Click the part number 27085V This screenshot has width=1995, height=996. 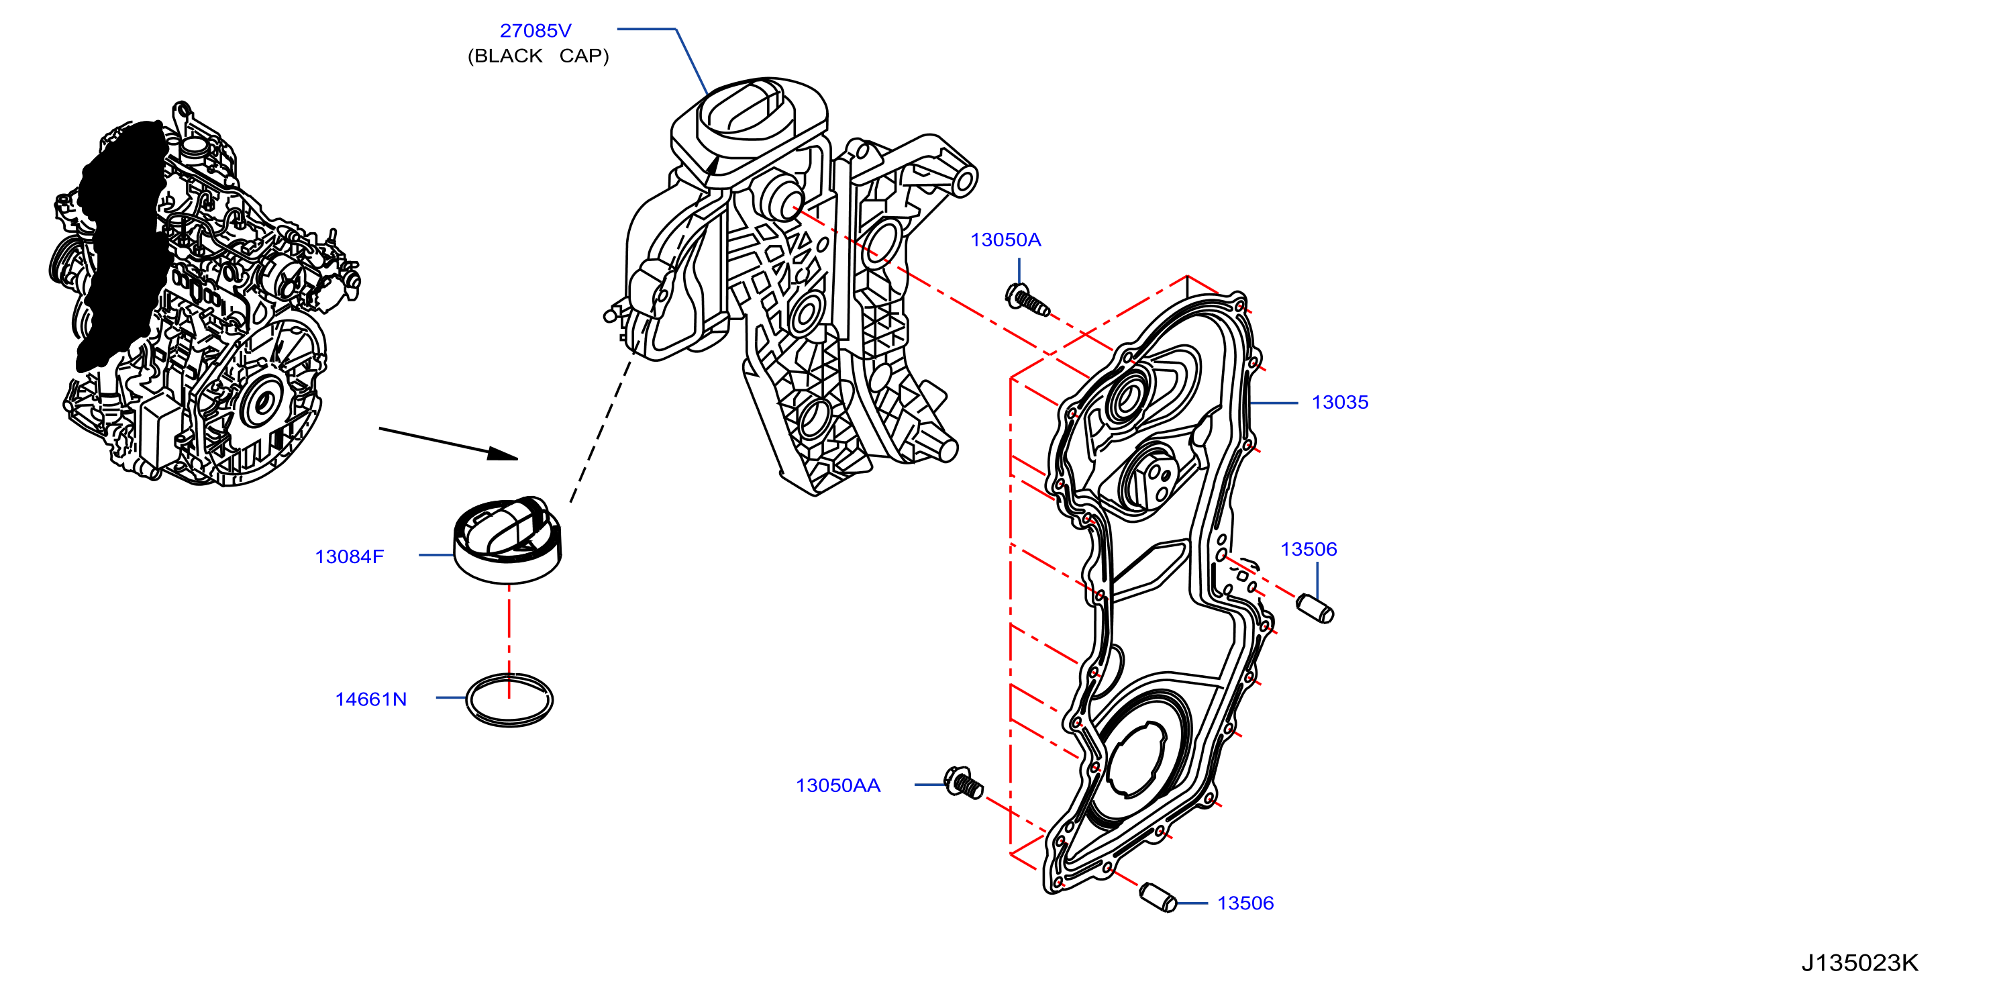pyautogui.click(x=535, y=31)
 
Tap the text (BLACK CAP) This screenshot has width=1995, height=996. pyautogui.click(x=538, y=56)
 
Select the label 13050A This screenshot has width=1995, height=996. pyautogui.click(x=1005, y=240)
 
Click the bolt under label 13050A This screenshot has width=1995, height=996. pyautogui.click(x=1027, y=301)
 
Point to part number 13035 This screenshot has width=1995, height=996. pyautogui.click(x=1340, y=403)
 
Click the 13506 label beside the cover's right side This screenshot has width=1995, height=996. pyautogui.click(x=1308, y=550)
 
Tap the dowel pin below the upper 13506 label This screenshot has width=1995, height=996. pyautogui.click(x=1315, y=608)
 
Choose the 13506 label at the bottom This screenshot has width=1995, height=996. pyautogui.click(x=1245, y=903)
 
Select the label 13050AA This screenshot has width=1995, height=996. pyautogui.click(x=838, y=785)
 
